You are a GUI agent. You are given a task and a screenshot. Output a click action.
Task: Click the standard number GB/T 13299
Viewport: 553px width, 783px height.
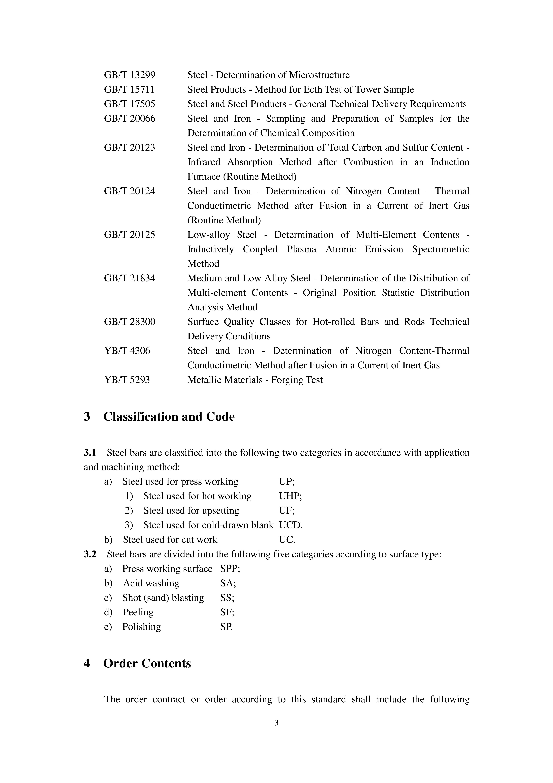point(130,75)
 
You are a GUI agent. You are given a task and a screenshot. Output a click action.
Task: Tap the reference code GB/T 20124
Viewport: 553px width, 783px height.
point(130,191)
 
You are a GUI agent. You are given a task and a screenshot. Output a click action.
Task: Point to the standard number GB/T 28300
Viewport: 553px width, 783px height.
point(130,322)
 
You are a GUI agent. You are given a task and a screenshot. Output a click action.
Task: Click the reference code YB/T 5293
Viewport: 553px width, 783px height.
point(127,380)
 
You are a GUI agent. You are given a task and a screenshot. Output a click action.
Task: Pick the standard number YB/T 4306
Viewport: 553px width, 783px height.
point(127,351)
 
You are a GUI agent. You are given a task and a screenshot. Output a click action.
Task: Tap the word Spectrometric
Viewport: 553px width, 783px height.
point(441,249)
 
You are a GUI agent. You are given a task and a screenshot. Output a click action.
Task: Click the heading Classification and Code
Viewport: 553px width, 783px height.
point(169,417)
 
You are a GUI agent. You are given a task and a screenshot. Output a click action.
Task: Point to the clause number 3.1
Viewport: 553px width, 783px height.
point(90,453)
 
